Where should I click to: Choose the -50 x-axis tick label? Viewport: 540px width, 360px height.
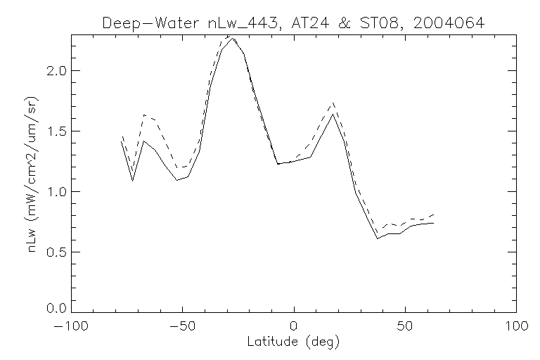click(x=182, y=327)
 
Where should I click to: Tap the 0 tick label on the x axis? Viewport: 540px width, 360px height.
click(x=294, y=327)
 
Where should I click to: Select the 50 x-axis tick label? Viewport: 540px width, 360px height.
click(x=405, y=327)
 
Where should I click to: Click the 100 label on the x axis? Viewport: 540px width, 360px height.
click(x=516, y=327)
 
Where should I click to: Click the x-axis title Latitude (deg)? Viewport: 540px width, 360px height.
click(x=294, y=342)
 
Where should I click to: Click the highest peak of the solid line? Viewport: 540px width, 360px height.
click(x=233, y=38)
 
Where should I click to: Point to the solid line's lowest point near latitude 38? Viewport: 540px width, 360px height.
click(x=378, y=238)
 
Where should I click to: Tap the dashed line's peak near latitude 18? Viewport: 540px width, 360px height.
click(x=333, y=103)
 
